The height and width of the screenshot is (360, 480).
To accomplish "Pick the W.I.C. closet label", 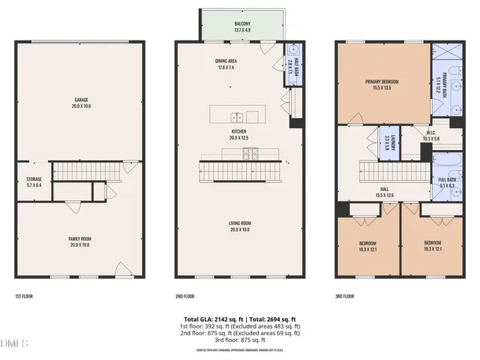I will point(411,136).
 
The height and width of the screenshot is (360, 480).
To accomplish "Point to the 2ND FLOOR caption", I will point(184,295).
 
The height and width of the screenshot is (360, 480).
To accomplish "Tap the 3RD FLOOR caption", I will point(344,295).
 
